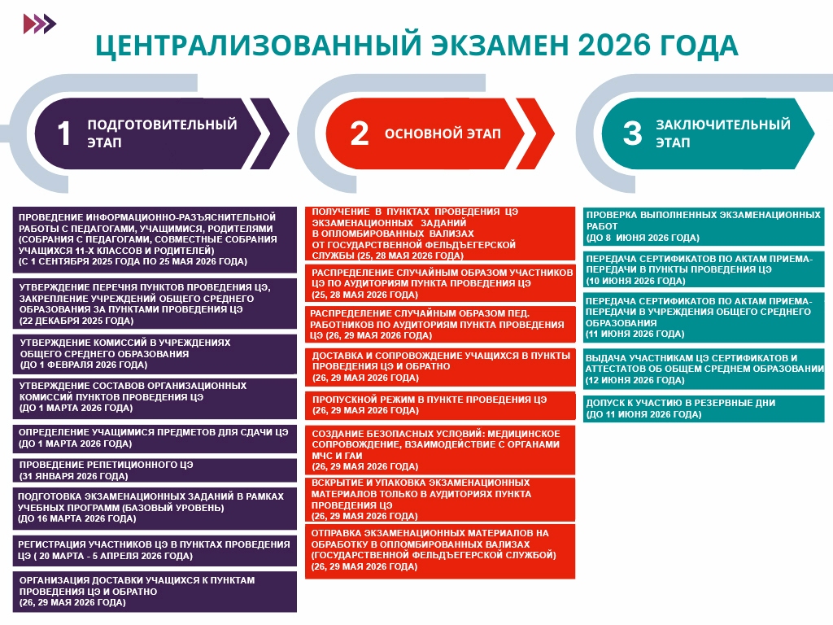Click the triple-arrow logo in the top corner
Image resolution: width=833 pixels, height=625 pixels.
coord(40,24)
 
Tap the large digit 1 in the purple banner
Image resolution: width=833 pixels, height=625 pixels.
coord(63,133)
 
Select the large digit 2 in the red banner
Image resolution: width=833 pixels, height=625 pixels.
coord(359,133)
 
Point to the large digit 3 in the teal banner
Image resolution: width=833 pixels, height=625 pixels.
coord(632,133)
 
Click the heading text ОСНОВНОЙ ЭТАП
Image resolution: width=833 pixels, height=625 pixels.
coord(443,133)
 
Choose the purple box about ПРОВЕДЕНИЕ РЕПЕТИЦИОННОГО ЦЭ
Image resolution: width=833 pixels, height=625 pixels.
coord(155,470)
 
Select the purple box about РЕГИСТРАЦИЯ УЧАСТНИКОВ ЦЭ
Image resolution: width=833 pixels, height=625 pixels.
coord(155,551)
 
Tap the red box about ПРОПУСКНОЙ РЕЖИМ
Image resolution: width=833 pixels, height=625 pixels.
coord(440,405)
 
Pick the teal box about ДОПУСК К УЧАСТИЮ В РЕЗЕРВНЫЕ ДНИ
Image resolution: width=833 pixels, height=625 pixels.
coord(704,409)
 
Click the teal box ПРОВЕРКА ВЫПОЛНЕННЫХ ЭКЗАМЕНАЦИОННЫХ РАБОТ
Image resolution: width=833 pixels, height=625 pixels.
coord(704,226)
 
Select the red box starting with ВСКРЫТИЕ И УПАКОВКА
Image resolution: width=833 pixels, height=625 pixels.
coord(440,500)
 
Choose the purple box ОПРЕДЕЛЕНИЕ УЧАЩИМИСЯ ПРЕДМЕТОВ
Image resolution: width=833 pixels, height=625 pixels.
coord(155,439)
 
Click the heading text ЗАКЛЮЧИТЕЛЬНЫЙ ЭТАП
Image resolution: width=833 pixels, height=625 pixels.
coord(723,133)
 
